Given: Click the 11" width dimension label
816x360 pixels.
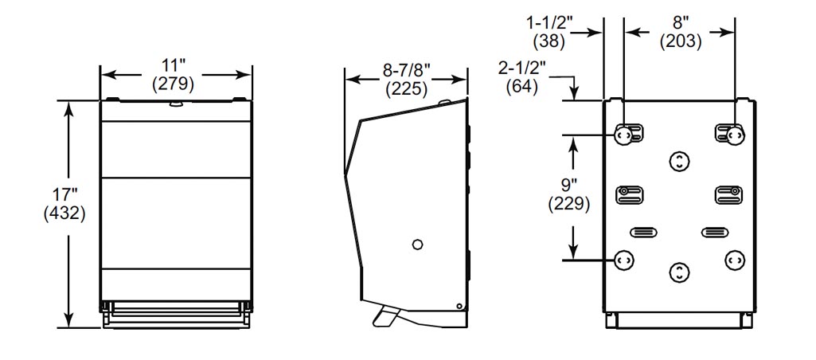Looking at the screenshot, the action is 174,66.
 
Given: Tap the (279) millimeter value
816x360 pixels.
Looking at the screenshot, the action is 174,84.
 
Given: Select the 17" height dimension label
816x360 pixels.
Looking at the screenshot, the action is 64,195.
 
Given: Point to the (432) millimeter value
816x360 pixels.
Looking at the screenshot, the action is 64,213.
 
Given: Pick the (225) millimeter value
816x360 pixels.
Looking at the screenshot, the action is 407,89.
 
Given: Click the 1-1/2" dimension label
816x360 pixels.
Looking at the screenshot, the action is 549,23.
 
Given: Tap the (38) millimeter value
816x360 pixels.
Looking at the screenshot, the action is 549,41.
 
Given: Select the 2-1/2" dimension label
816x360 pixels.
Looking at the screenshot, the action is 521,68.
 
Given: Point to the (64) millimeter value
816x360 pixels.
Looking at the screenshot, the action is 522,87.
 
